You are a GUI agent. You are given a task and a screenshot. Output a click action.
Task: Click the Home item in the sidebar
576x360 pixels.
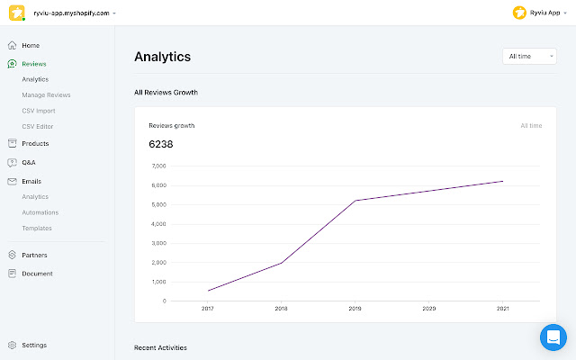(x=31, y=45)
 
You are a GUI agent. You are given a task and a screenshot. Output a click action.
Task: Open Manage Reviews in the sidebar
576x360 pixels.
(x=46, y=94)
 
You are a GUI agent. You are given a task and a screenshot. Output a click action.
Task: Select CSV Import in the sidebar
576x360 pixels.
(x=39, y=111)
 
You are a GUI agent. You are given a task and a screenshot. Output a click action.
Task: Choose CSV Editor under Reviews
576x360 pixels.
(x=38, y=126)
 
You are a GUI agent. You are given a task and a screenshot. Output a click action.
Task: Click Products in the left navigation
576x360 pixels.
(x=35, y=143)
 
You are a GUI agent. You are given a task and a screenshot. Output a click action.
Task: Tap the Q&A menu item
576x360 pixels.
(x=29, y=162)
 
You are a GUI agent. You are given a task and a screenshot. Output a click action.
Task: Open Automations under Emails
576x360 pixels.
(x=40, y=212)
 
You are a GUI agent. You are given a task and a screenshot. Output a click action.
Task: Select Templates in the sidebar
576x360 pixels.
(x=37, y=228)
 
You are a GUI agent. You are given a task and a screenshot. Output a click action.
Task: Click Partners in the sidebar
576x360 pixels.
(x=34, y=255)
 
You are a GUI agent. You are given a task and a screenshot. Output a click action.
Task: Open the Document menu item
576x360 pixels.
(x=37, y=274)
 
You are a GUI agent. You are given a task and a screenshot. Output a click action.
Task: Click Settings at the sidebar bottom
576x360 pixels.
(x=34, y=345)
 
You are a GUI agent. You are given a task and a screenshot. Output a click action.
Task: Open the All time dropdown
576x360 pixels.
(x=529, y=57)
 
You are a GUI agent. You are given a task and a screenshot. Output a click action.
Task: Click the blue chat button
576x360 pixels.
(x=553, y=337)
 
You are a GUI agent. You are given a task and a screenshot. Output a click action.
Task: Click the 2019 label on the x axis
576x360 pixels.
(x=355, y=308)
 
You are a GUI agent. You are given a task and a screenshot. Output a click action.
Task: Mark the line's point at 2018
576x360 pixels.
(x=282, y=263)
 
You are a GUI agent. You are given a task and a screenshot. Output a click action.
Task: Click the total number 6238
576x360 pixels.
(x=161, y=144)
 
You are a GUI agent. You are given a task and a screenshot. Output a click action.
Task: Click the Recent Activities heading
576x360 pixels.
(x=160, y=347)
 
